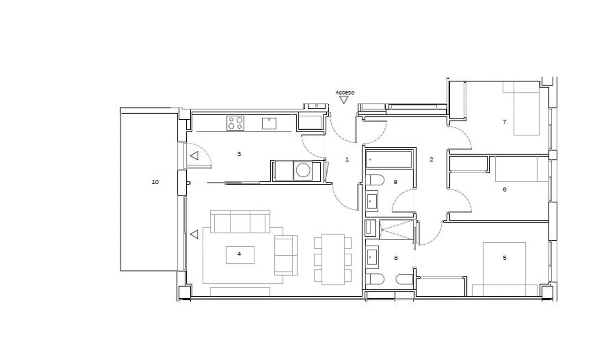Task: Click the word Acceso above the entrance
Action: [x=344, y=93]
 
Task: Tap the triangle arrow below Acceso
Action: [x=344, y=100]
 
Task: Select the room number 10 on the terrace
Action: [x=155, y=182]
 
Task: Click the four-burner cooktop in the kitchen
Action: [x=235, y=123]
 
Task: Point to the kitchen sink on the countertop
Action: [x=269, y=123]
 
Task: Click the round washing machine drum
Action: [x=303, y=170]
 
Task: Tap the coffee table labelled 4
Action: [x=240, y=255]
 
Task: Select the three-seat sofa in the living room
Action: [x=240, y=222]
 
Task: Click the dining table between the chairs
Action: [x=333, y=259]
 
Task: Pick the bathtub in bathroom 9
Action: [x=389, y=160]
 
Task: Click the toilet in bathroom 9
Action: [x=375, y=180]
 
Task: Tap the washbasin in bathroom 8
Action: [x=372, y=257]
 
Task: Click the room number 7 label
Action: [x=504, y=122]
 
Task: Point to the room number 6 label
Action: [x=505, y=190]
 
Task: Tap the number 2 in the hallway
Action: [x=431, y=160]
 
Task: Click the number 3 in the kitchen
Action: [x=239, y=154]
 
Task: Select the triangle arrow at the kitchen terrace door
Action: [x=194, y=156]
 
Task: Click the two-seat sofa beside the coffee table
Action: [x=286, y=255]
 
